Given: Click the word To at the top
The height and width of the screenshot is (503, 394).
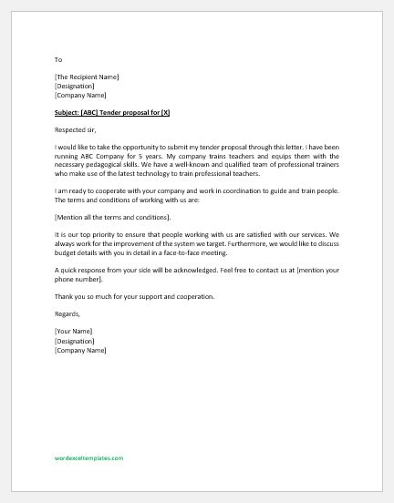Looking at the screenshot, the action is tap(57, 59).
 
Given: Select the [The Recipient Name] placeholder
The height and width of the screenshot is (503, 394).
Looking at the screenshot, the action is tap(86, 77).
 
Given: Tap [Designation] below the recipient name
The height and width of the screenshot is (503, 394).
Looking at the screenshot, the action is tap(74, 87).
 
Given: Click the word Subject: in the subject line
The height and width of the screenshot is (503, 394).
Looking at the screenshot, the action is tap(68, 112).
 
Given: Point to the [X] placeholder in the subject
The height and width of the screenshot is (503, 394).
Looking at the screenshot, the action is tap(165, 112).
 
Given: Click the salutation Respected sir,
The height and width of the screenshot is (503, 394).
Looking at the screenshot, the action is tap(75, 129).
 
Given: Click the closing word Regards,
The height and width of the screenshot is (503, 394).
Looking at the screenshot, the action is tap(67, 314).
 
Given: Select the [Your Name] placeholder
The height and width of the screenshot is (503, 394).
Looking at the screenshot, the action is tap(74, 332).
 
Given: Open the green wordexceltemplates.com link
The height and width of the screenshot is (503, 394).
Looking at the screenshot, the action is tap(88, 458).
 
